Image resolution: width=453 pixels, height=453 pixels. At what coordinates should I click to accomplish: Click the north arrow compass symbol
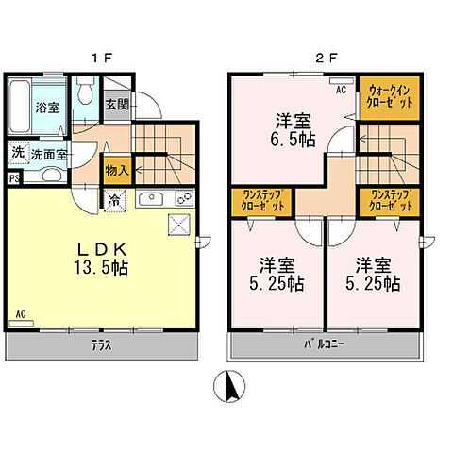click(x=229, y=386)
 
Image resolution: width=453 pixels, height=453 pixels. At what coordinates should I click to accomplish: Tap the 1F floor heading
click(x=102, y=59)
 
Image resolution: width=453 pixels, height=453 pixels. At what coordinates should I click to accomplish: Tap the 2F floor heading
click(x=327, y=59)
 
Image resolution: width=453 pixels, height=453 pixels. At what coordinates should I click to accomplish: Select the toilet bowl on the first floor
click(x=85, y=92)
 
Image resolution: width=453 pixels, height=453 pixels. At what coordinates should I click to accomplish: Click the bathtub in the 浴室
click(x=20, y=107)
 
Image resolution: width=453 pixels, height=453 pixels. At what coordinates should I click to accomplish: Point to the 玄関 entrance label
click(x=117, y=104)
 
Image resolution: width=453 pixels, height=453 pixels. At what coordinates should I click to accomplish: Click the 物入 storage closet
click(x=117, y=170)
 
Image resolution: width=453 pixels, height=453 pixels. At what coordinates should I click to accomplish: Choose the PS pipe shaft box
click(x=14, y=178)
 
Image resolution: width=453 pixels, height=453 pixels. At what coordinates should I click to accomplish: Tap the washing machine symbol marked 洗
click(x=18, y=153)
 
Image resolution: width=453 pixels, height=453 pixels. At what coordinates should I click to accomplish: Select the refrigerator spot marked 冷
click(x=115, y=200)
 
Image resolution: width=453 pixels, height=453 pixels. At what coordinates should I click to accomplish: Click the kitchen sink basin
click(x=151, y=199)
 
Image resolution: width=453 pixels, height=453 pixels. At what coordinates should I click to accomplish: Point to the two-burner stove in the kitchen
click(x=184, y=198)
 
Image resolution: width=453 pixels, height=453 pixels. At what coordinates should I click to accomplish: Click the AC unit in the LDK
click(x=22, y=323)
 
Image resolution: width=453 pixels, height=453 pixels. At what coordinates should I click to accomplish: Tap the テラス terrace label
click(x=101, y=345)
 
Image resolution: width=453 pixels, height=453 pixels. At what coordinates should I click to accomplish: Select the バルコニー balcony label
click(x=324, y=344)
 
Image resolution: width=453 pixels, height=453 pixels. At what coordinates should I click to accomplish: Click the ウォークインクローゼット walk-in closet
click(x=390, y=98)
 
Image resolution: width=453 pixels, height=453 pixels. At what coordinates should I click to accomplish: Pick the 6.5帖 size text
click(x=293, y=140)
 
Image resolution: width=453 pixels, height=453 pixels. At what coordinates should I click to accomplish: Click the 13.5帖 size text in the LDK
click(x=101, y=268)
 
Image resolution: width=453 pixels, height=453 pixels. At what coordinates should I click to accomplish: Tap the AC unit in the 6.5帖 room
click(x=340, y=81)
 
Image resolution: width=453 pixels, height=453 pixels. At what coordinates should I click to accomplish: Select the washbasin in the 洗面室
click(x=52, y=175)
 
